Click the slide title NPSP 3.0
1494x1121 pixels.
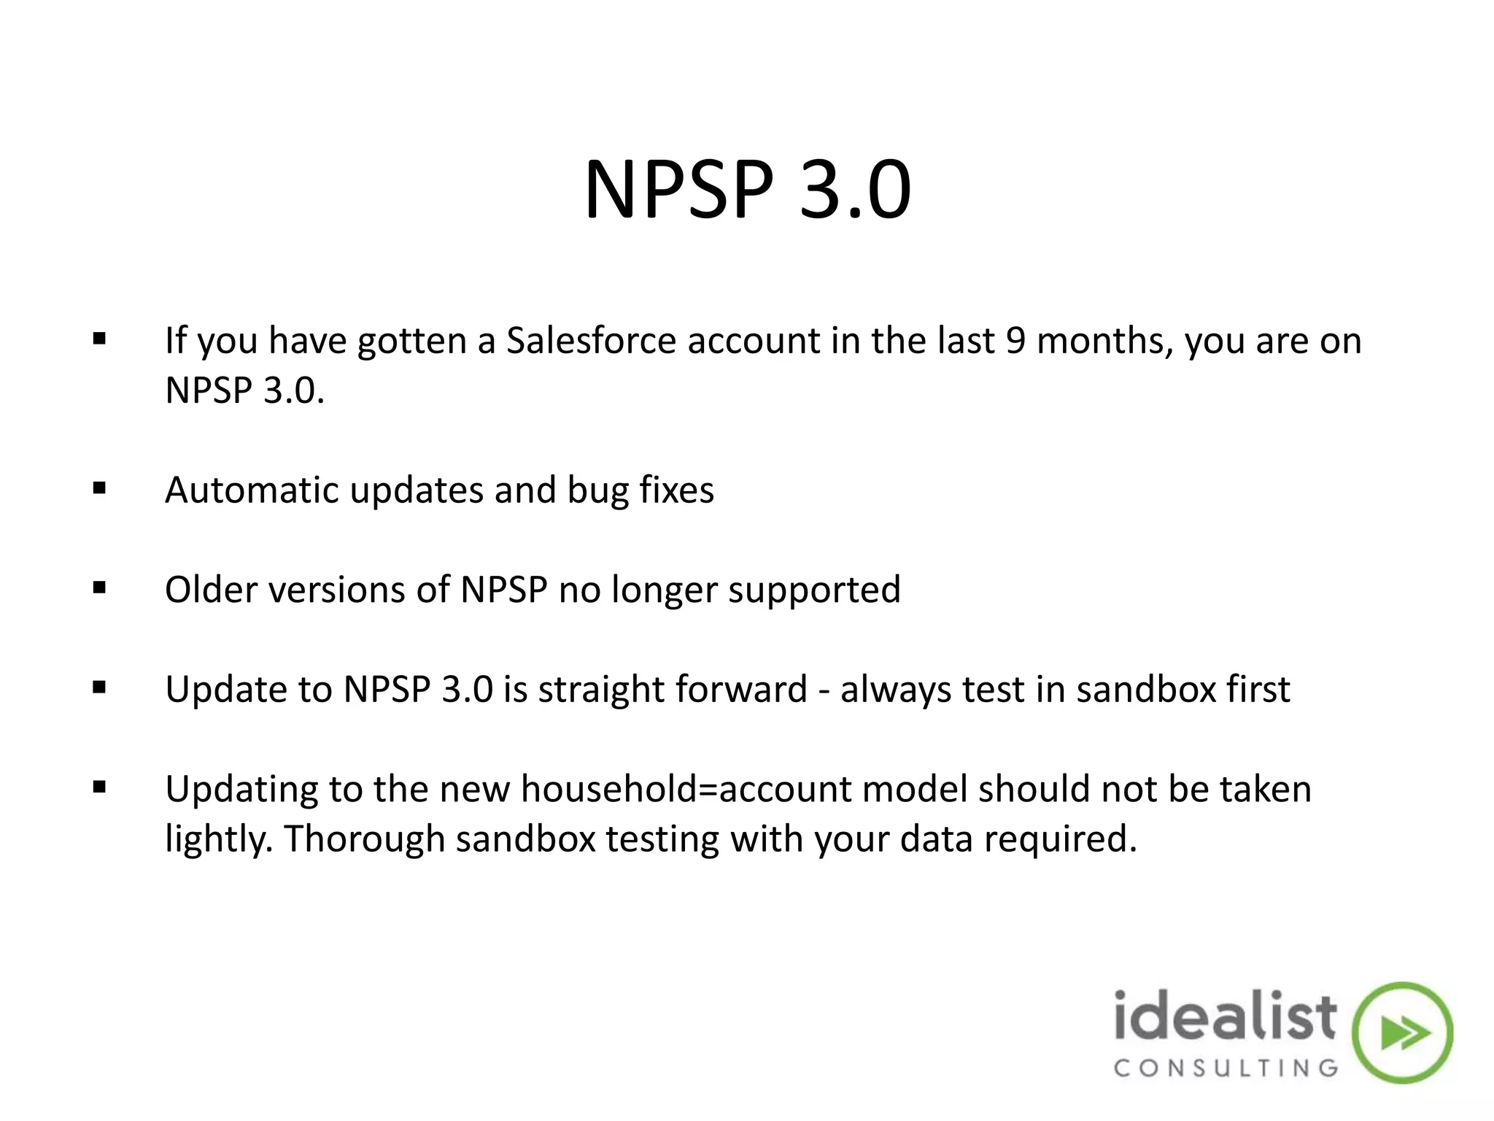coord(747,191)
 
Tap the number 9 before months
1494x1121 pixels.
coord(1015,341)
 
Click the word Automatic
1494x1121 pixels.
coord(252,490)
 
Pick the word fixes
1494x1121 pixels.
coord(677,490)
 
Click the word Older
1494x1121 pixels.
coord(211,590)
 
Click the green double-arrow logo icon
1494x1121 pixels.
coord(1401,1033)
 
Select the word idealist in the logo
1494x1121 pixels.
coord(1225,1016)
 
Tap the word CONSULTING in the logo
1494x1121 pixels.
coord(1226,1069)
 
